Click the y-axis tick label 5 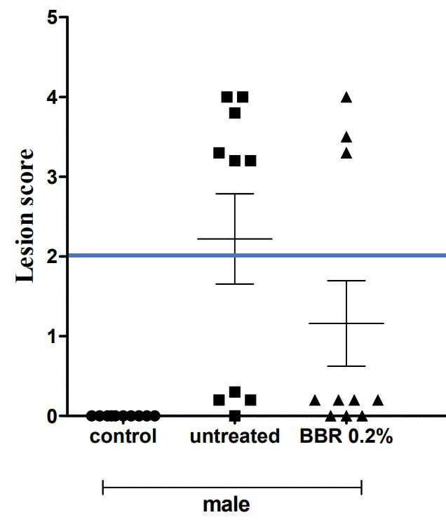[53, 18]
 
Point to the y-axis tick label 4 [53, 98]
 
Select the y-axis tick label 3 [53, 177]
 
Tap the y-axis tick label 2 [53, 257]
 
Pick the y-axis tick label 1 [53, 337]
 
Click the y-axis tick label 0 [53, 416]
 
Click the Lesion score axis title [25, 215]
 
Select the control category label [123, 436]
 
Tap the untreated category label [235, 436]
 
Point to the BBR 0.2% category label [346, 436]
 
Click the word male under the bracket [227, 504]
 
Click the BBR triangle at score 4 [346, 98]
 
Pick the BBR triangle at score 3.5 [346, 138]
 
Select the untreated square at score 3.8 [235, 114]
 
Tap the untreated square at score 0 [235, 416]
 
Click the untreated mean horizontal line [235, 239]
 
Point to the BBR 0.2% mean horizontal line [346, 323]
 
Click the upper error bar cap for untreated [235, 194]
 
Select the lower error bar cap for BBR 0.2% [346, 366]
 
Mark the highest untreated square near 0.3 [235, 392]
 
